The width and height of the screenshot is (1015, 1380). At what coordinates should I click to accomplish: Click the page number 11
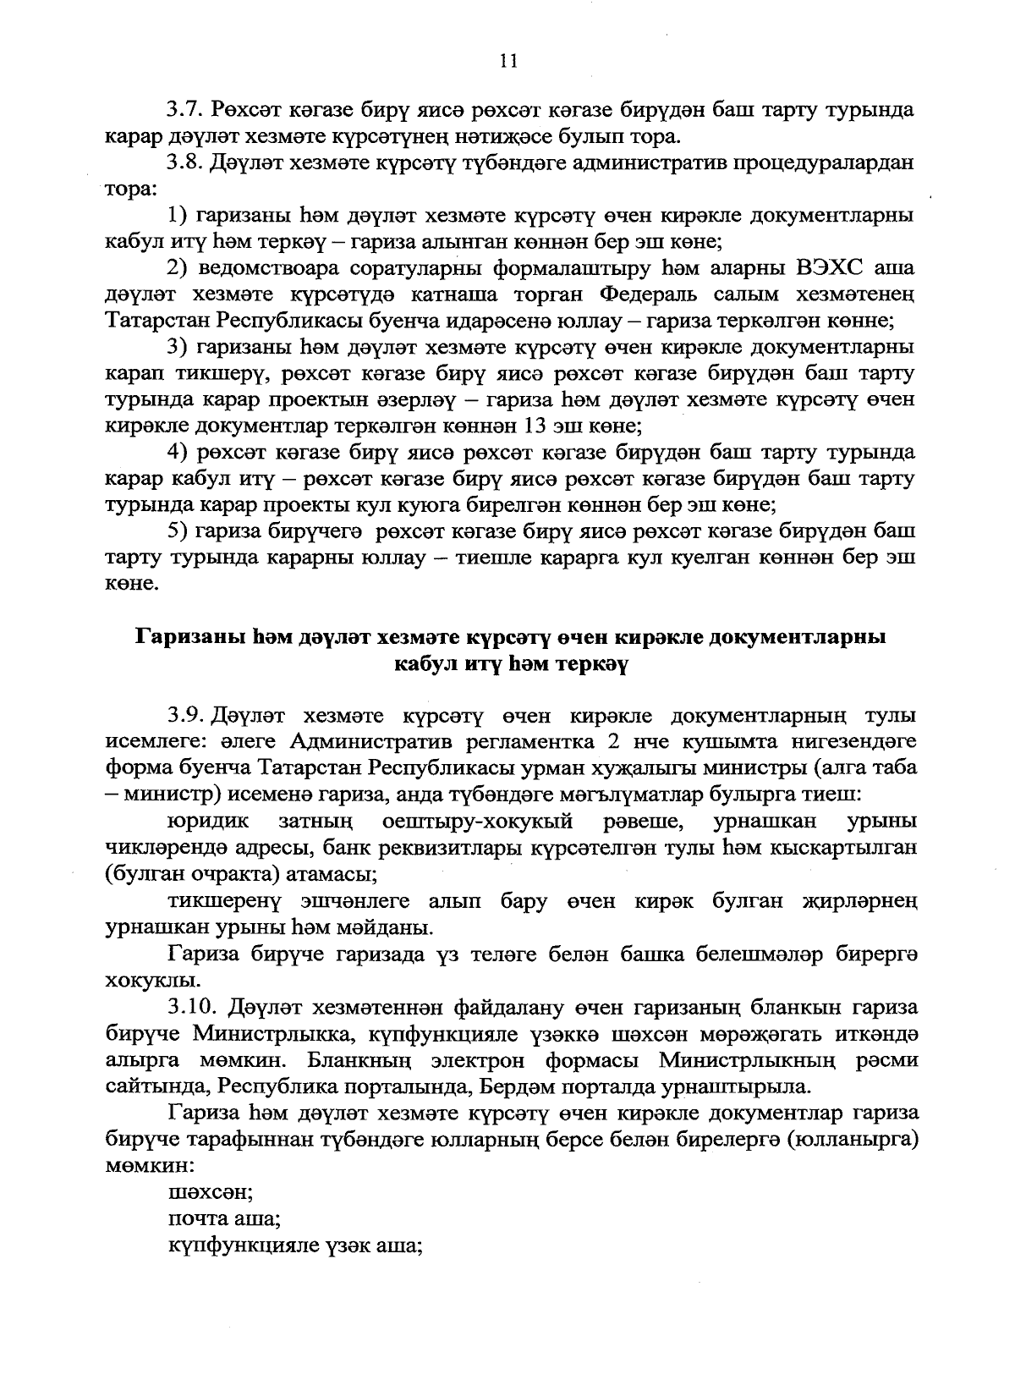(508, 60)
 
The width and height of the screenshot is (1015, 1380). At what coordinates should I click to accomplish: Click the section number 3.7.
(183, 110)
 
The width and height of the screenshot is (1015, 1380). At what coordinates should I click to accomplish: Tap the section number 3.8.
(183, 163)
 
